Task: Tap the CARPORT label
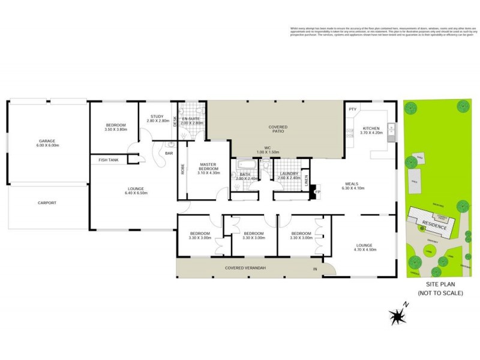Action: tap(47, 203)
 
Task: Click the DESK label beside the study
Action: tap(175, 121)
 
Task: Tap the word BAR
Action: tap(169, 154)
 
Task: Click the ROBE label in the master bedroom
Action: tap(182, 170)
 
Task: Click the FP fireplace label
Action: tap(317, 192)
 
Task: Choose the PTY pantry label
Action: tap(352, 109)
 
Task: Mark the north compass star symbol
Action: tap(396, 316)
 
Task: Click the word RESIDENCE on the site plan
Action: tap(434, 227)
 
